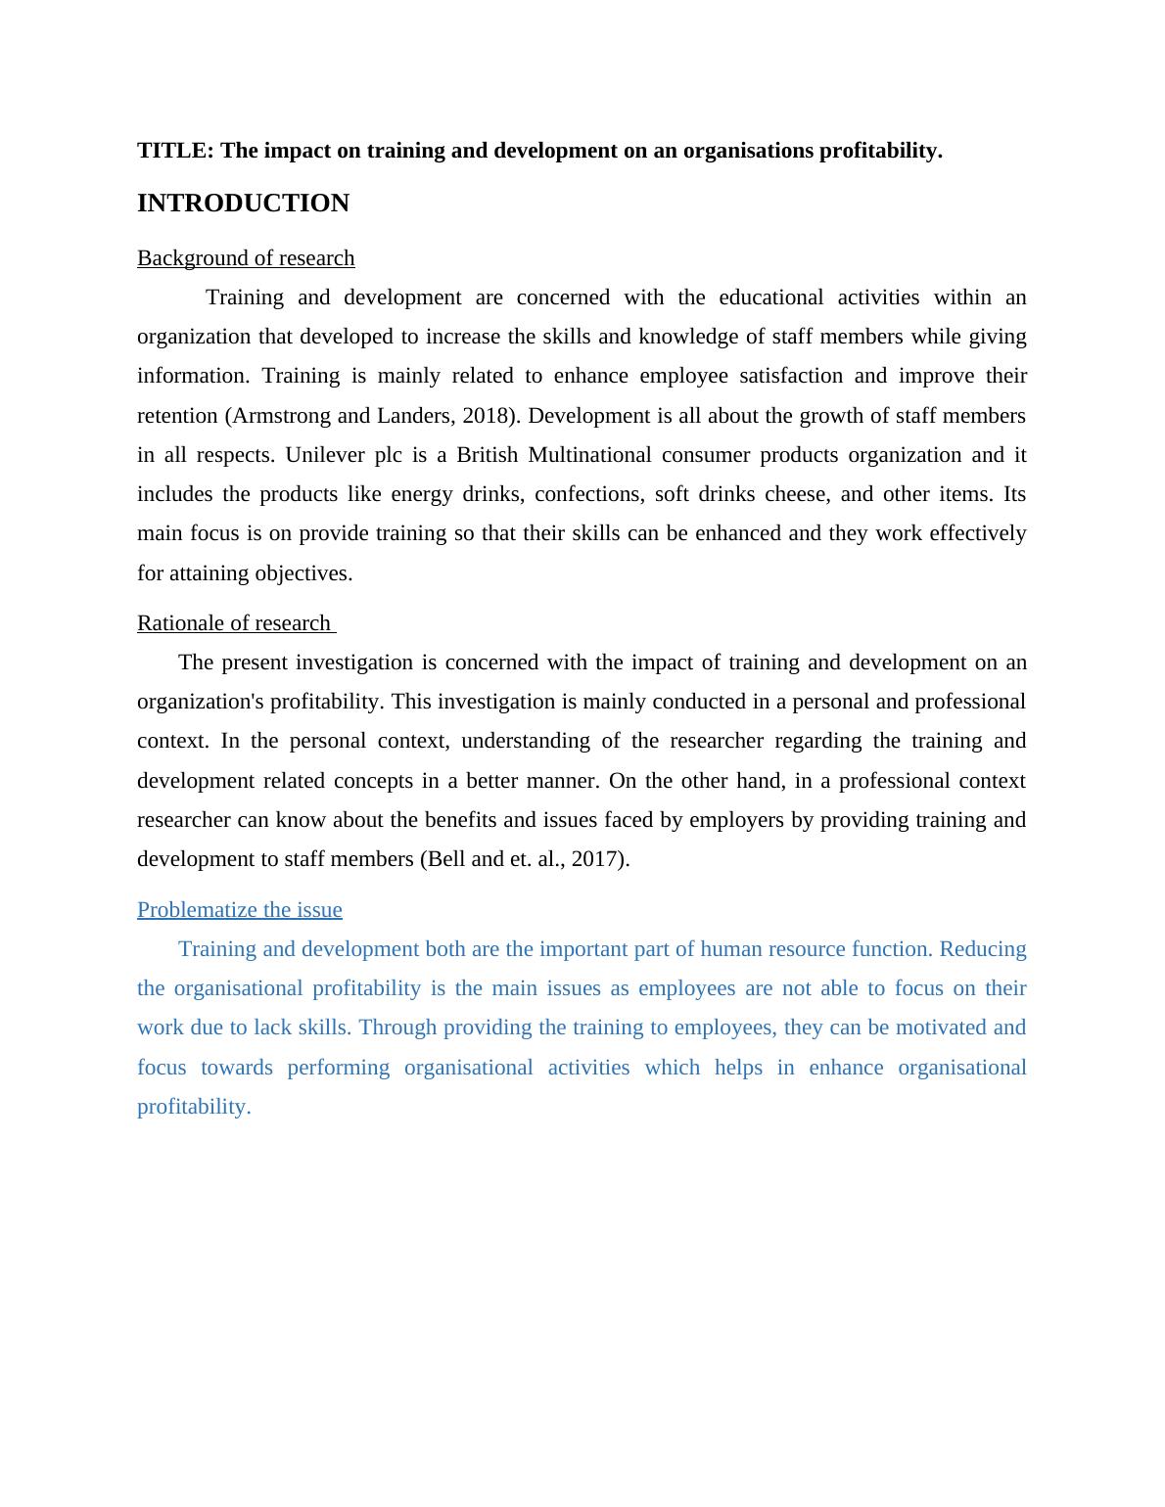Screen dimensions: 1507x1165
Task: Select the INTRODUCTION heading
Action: pos(243,204)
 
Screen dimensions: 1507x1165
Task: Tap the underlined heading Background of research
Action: pos(246,258)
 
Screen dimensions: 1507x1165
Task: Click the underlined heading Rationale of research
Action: pos(234,623)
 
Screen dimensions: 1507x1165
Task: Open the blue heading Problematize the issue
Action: pos(240,910)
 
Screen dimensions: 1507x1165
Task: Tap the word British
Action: pos(487,455)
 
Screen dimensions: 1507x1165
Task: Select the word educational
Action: pos(770,297)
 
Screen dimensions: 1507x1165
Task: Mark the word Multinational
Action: pos(589,455)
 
